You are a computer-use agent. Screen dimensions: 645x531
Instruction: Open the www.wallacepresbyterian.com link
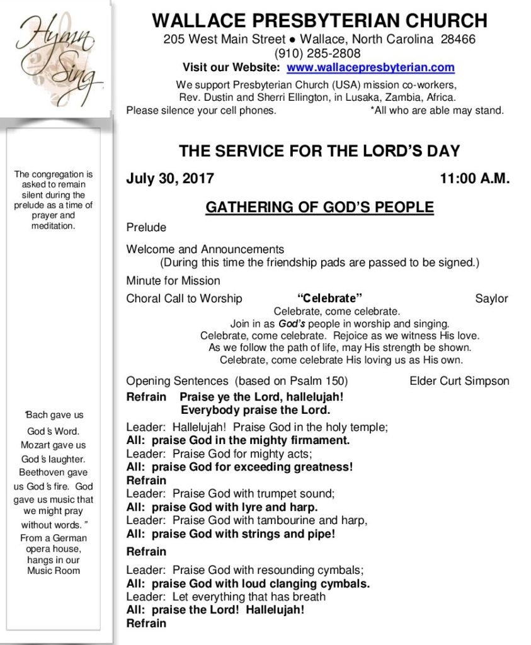(370, 68)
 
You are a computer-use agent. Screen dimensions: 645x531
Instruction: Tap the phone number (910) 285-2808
(317, 54)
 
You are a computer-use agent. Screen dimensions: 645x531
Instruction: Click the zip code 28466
(458, 39)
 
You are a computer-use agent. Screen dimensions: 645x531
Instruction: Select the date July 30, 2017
(170, 178)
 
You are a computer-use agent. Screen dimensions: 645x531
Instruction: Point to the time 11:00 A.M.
(474, 178)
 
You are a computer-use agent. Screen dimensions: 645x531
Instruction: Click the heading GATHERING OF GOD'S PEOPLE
(319, 207)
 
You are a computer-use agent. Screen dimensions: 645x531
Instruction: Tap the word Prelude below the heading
(146, 227)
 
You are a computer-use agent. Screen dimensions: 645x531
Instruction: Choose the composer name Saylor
(491, 299)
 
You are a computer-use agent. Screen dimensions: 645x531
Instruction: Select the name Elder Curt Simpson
(459, 381)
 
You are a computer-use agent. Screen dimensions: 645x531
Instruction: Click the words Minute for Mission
(173, 280)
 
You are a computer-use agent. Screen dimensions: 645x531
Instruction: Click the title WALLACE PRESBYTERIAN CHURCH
(319, 21)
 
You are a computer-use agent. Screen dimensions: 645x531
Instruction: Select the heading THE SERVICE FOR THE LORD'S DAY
(319, 151)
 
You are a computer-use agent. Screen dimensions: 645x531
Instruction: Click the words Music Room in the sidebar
(54, 571)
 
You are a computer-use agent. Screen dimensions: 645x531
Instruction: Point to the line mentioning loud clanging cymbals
(248, 583)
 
